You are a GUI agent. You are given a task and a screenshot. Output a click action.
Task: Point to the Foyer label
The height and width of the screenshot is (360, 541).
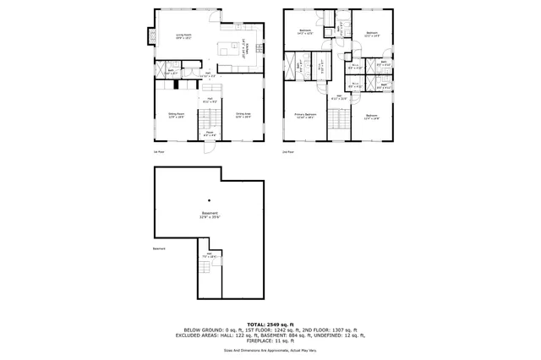click(x=209, y=133)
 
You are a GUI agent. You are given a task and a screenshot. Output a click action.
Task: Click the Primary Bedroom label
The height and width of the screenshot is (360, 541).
click(x=305, y=115)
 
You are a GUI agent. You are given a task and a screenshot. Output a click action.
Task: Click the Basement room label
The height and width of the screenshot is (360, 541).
click(x=209, y=215)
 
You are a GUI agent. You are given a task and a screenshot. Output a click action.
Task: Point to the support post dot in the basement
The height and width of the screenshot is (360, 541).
click(x=209, y=200)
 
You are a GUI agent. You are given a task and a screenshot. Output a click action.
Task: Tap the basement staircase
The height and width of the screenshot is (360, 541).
click(x=209, y=275)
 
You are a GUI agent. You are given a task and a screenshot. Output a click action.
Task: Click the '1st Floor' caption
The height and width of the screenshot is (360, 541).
click(x=157, y=152)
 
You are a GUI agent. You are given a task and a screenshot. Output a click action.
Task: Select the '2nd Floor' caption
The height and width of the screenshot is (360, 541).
click(x=287, y=152)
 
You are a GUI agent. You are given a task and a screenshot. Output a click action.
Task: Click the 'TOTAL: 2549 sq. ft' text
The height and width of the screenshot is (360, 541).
click(x=270, y=324)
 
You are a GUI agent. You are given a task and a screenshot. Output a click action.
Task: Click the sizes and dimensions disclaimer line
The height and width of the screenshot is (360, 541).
click(x=270, y=349)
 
